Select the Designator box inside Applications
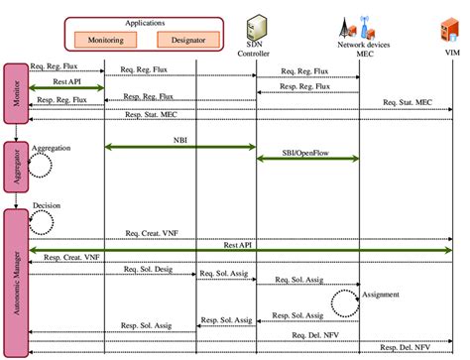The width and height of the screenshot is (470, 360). pyautogui.click(x=184, y=40)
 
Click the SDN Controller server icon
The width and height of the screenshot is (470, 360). pyautogui.click(x=256, y=23)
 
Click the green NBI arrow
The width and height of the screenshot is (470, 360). pyautogui.click(x=179, y=147)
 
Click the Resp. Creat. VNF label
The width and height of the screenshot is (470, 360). pyautogui.click(x=70, y=257)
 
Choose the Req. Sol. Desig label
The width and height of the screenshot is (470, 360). pyautogui.click(x=149, y=269)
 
